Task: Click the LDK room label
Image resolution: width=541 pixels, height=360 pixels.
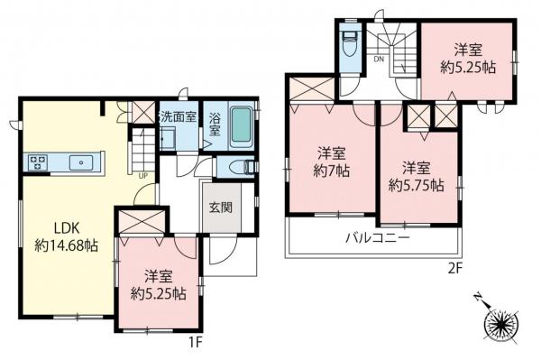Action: pos(67,227)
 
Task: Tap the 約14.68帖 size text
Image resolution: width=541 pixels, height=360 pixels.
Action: pos(67,245)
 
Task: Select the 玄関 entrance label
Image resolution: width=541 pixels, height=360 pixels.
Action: pos(221,208)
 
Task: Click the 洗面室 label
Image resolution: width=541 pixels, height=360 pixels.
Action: pos(178,116)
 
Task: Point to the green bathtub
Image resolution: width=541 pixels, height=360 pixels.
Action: pos(241,125)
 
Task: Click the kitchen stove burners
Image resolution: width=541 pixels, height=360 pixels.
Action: pos(38,163)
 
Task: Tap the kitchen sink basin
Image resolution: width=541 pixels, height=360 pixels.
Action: pos(81,162)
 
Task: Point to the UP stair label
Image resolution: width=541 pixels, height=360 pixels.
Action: pos(142,176)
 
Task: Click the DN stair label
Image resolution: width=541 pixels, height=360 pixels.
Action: pos(379,59)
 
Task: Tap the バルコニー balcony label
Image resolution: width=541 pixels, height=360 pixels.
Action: pos(378,238)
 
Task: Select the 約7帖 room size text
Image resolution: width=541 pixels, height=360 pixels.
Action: pos(331,171)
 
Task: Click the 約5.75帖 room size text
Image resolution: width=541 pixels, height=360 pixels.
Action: pos(417,187)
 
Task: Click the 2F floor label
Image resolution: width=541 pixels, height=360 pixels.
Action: pos(455,269)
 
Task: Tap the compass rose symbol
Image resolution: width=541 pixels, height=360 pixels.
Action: pos(501,325)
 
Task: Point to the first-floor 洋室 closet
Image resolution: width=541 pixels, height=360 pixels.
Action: pos(142,221)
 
